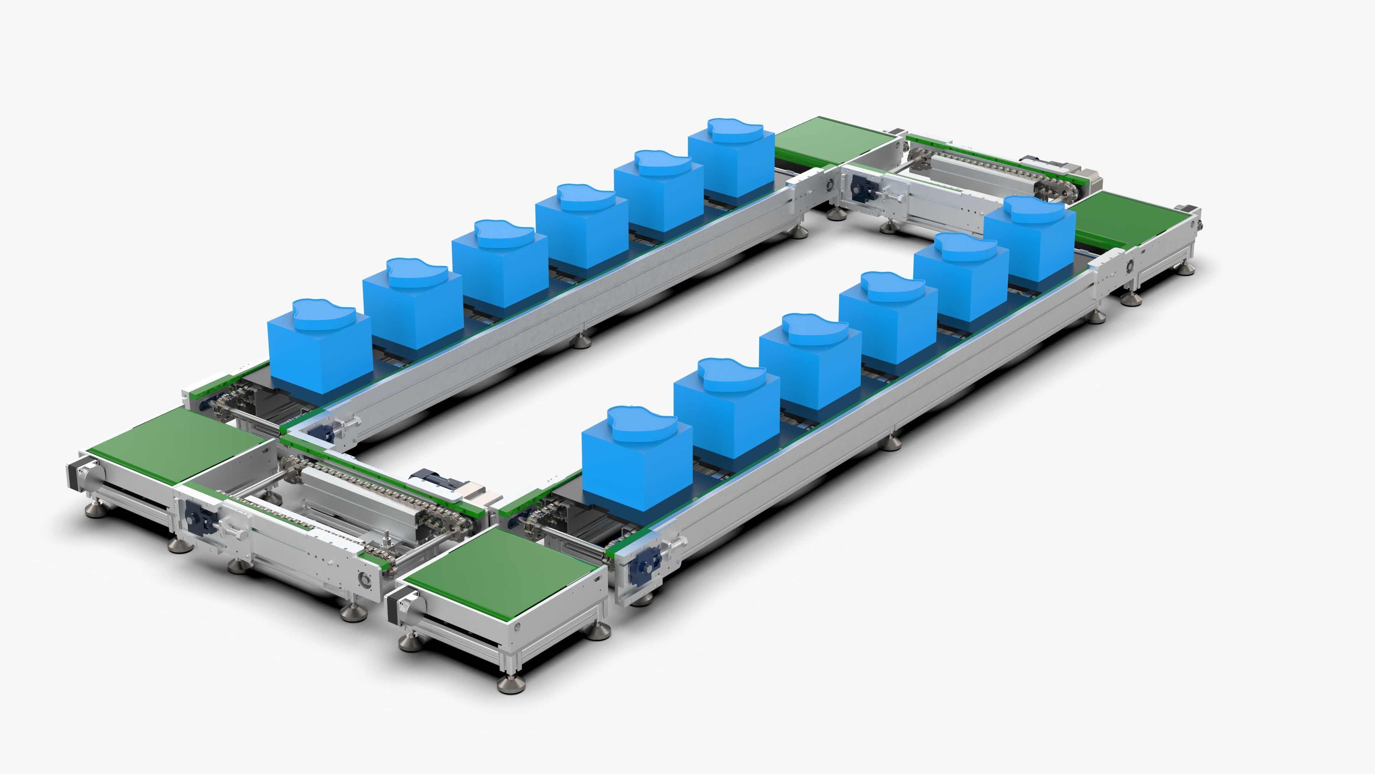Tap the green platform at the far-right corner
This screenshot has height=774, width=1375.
[x=1132, y=219]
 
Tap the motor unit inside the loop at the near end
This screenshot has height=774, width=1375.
[x=448, y=483]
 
